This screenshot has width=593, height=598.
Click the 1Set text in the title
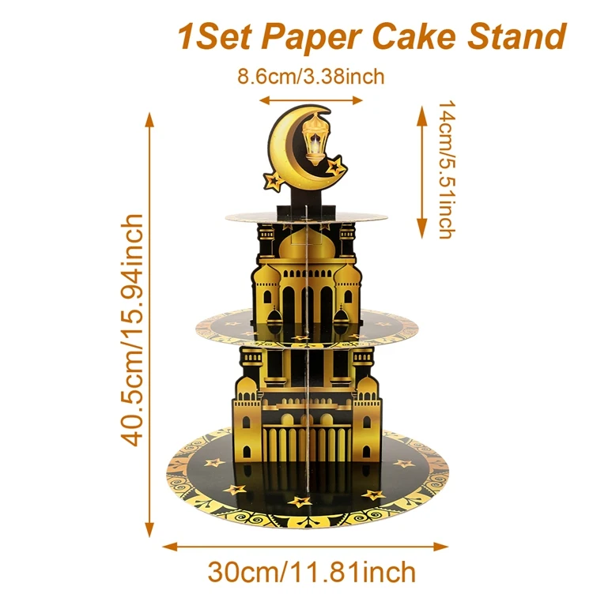217,36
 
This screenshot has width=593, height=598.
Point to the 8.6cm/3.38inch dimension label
311,77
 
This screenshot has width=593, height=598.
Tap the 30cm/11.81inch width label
311,570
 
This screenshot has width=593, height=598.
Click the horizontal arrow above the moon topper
311,100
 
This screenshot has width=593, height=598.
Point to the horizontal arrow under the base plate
306,545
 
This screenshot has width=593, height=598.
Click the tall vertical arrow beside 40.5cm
150,324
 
